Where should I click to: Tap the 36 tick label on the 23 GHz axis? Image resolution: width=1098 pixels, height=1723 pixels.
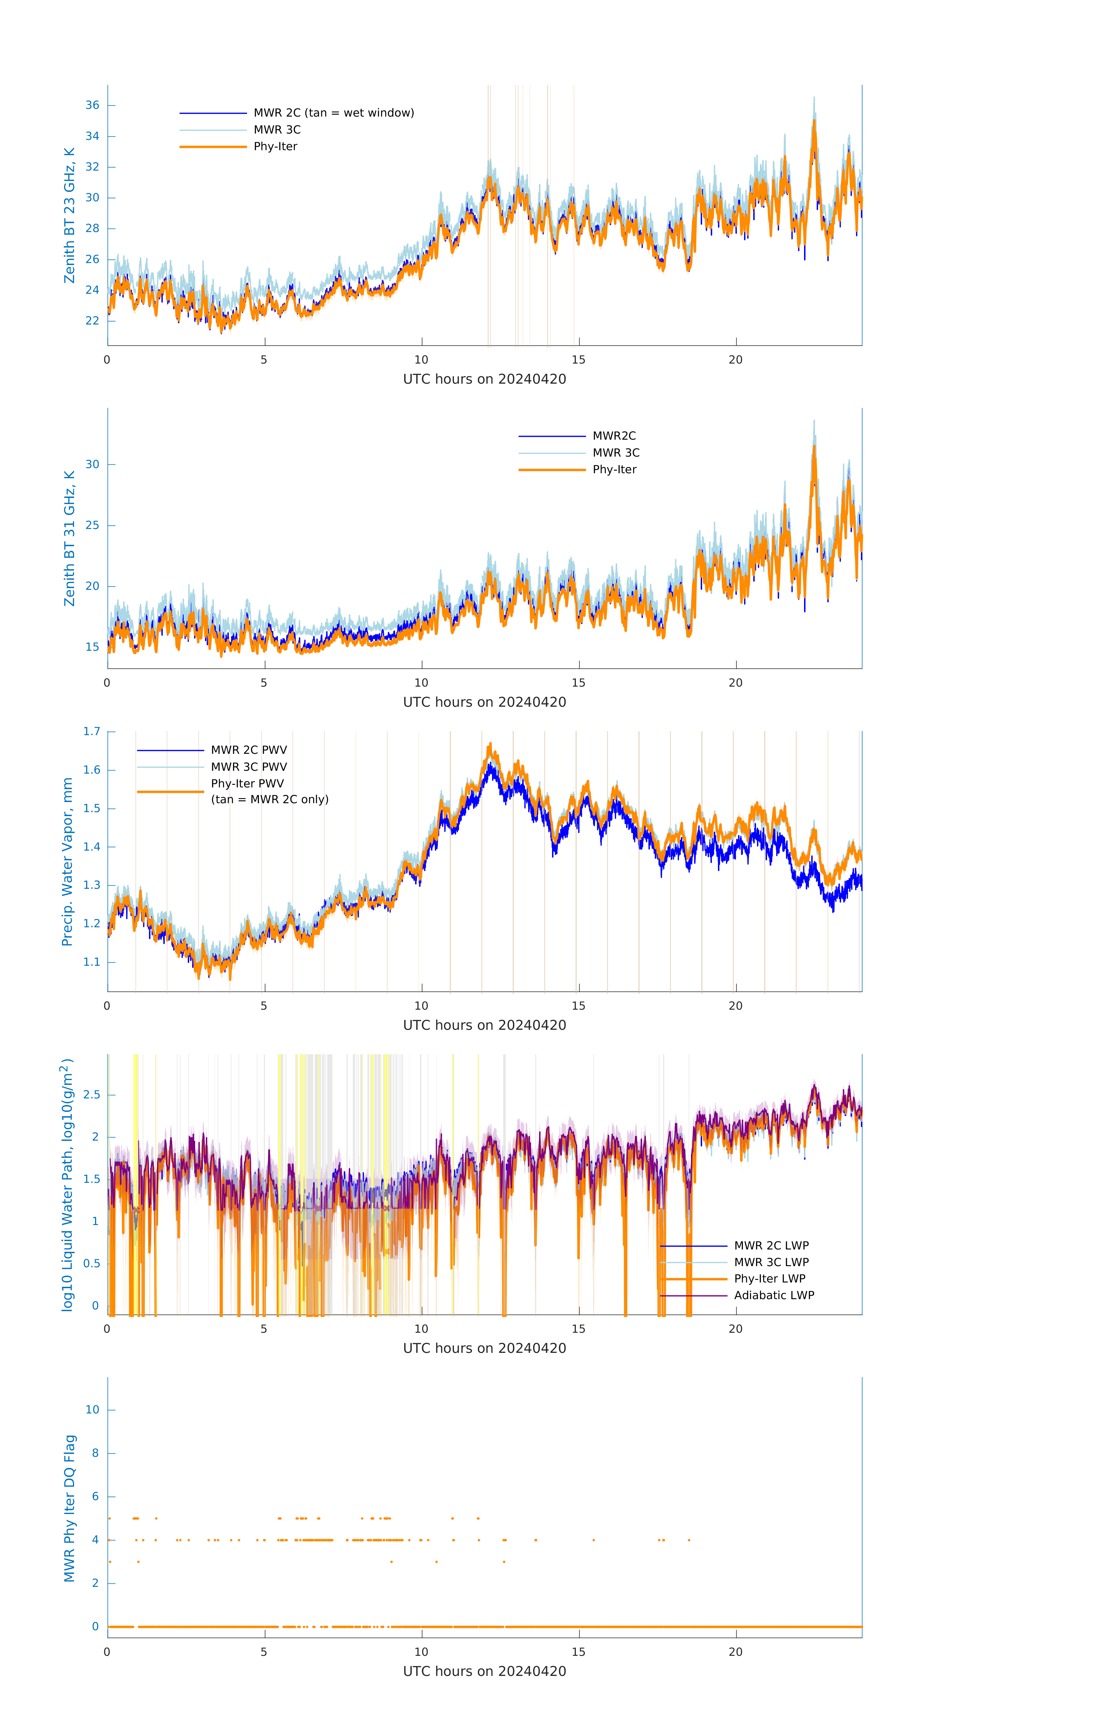tap(92, 105)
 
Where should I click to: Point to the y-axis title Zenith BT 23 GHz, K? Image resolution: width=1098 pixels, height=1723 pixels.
tap(69, 215)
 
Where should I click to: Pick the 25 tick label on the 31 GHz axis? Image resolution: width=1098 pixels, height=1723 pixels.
tap(92, 525)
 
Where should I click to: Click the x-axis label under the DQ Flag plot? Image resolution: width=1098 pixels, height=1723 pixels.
tap(484, 1672)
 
